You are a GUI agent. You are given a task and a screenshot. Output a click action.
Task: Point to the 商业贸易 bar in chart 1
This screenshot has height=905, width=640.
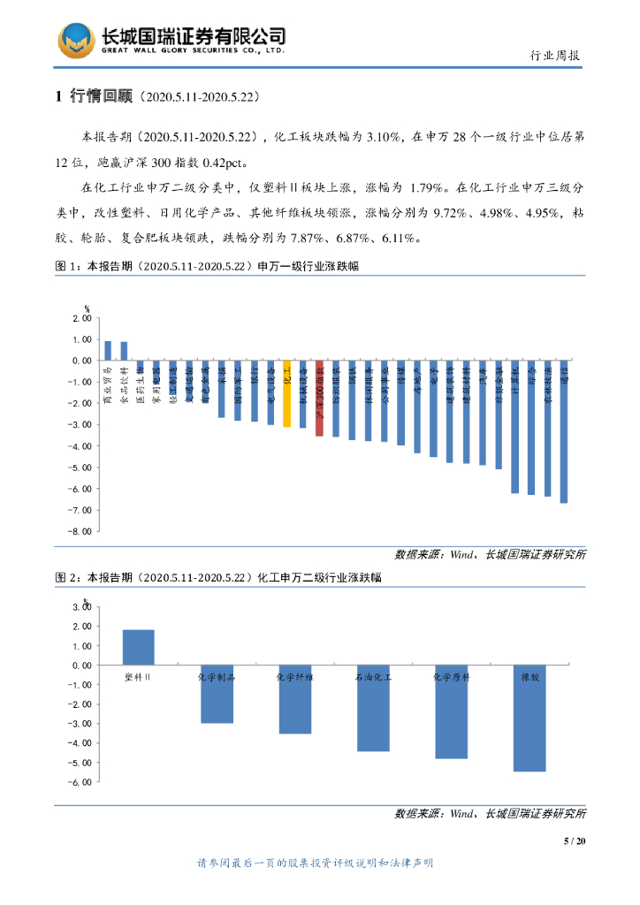pyautogui.click(x=108, y=351)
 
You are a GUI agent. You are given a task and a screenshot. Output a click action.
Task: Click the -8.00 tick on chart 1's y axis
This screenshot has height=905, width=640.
pyautogui.click(x=80, y=531)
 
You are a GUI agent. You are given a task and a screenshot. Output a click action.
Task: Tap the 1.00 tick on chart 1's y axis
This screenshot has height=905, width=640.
pyautogui.click(x=82, y=339)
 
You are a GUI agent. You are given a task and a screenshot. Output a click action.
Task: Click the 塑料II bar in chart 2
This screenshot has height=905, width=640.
pyautogui.click(x=138, y=647)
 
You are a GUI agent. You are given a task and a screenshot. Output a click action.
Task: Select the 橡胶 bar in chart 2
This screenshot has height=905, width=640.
pyautogui.click(x=530, y=718)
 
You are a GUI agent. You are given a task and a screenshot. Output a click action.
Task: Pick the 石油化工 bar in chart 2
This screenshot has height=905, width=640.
pyautogui.click(x=372, y=707)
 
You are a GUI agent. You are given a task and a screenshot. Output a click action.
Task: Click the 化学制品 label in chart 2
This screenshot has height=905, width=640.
pyautogui.click(x=216, y=677)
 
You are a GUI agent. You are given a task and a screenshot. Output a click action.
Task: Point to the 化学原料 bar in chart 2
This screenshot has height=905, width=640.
pyautogui.click(x=451, y=711)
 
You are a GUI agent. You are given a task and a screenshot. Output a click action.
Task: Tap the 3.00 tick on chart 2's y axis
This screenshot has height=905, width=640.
pyautogui.click(x=80, y=607)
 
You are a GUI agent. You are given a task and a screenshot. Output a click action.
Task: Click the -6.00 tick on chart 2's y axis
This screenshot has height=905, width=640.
pyautogui.click(x=80, y=781)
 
